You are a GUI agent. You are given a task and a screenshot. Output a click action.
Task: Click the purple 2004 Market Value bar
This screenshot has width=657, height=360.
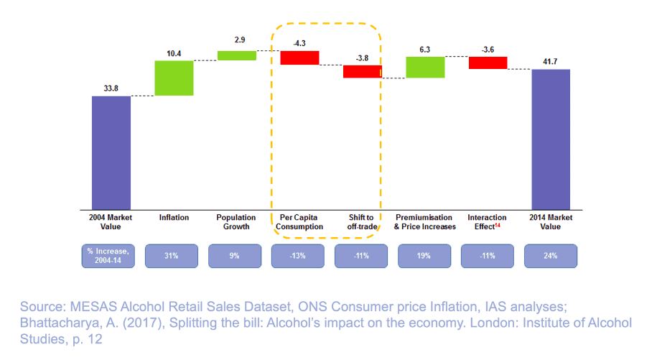111,152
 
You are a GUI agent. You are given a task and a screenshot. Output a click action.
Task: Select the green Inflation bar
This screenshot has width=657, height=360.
174,78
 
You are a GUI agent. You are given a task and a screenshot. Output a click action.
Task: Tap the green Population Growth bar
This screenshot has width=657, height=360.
237,55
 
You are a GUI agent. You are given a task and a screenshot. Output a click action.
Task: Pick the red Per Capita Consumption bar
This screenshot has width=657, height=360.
299,57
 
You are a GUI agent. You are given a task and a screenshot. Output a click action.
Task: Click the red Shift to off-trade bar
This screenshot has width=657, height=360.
362,71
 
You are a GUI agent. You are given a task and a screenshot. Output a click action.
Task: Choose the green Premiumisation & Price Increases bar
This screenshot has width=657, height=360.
425,67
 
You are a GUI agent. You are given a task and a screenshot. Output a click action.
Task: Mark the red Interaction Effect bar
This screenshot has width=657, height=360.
488,63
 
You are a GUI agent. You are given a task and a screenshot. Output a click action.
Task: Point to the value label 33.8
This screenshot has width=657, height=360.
111,88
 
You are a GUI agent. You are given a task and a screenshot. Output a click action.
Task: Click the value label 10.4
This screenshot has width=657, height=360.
174,53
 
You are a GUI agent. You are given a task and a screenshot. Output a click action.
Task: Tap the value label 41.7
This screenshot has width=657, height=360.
551,62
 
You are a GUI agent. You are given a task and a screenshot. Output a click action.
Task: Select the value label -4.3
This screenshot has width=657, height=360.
299,43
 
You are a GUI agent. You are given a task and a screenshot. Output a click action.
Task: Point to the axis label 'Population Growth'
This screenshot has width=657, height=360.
237,222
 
